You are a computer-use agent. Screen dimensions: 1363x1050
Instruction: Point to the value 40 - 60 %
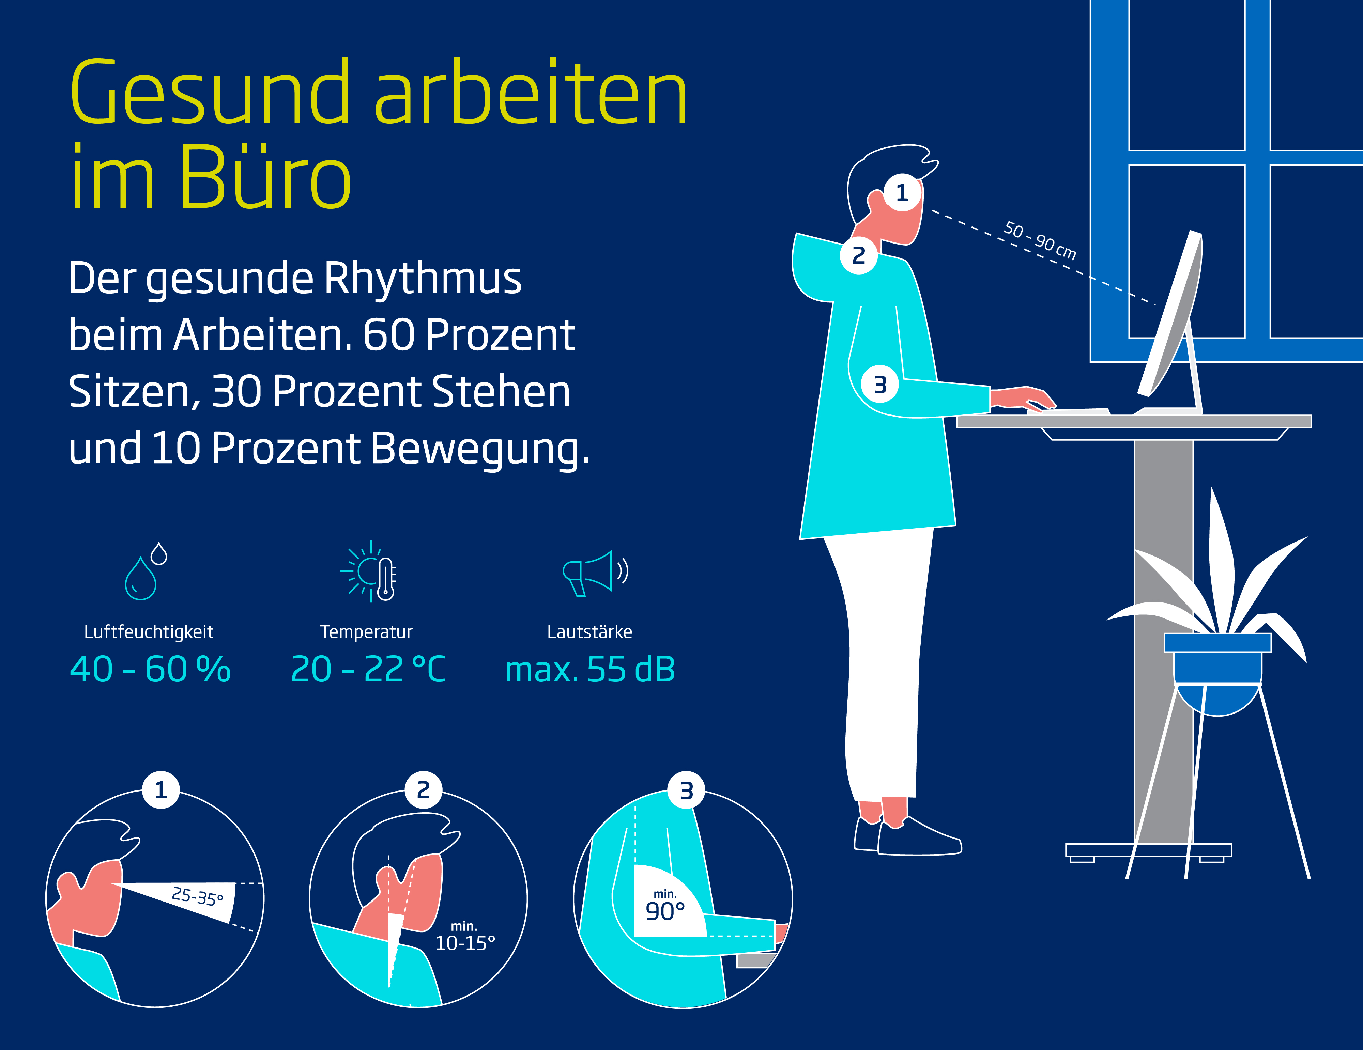(x=150, y=670)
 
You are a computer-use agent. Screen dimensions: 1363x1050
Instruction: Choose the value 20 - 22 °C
(x=368, y=670)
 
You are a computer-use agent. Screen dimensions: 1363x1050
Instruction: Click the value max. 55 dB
(x=590, y=670)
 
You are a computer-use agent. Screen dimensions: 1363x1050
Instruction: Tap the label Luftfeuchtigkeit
(x=149, y=632)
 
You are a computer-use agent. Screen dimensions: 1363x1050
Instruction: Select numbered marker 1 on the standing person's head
(x=902, y=193)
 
